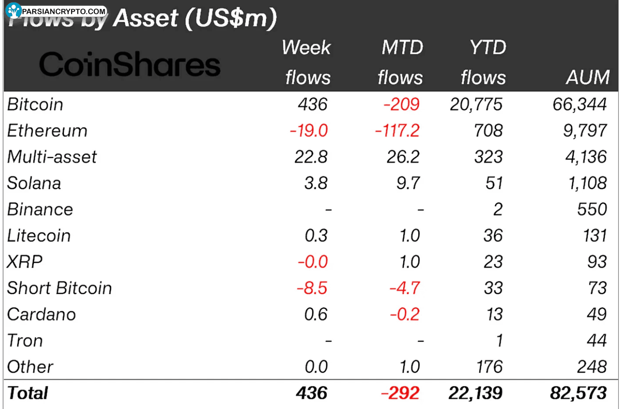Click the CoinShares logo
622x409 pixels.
pyautogui.click(x=130, y=64)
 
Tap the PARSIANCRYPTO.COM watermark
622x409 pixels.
pyautogui.click(x=58, y=11)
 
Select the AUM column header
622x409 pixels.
pyautogui.click(x=588, y=77)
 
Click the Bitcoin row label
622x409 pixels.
pyautogui.click(x=35, y=105)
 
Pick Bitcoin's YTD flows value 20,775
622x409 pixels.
pyautogui.click(x=476, y=105)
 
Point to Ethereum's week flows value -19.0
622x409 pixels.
pyautogui.click(x=309, y=131)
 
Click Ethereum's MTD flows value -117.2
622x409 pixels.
pyautogui.click(x=397, y=131)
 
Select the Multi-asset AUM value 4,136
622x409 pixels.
pyautogui.click(x=585, y=157)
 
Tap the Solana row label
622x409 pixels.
pyautogui.click(x=34, y=183)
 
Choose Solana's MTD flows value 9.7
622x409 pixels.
pyautogui.click(x=408, y=183)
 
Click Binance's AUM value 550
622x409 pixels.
pyautogui.click(x=592, y=209)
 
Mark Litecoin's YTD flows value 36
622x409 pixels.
pyautogui.click(x=493, y=236)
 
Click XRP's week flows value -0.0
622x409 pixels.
pyautogui.click(x=313, y=262)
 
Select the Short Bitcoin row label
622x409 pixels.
pyautogui.click(x=59, y=288)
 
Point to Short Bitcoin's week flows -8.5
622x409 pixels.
pyautogui.click(x=312, y=288)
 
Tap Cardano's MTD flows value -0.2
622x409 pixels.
pyautogui.click(x=405, y=314)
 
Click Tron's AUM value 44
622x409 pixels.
pyautogui.click(x=596, y=341)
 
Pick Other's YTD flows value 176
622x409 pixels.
pyautogui.click(x=489, y=367)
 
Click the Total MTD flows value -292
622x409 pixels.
pyautogui.click(x=400, y=393)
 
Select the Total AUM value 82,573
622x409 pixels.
pyautogui.click(x=578, y=393)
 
